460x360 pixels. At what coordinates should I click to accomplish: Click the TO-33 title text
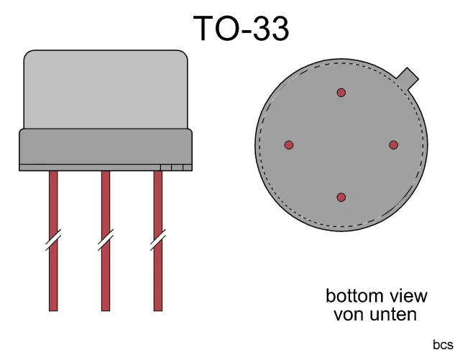[x=241, y=28]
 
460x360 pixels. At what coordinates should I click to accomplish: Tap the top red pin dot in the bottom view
[x=341, y=92]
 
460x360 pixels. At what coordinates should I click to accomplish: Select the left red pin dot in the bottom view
[x=289, y=144]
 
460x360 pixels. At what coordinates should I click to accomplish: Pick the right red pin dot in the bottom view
[x=393, y=144]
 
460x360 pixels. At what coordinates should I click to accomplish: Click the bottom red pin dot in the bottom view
[x=341, y=197]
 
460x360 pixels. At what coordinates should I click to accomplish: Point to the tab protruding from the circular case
[x=408, y=76]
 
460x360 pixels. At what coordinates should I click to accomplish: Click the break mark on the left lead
[x=52, y=240]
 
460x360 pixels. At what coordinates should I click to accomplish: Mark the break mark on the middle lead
[x=105, y=240]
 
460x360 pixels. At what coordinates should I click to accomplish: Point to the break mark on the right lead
[x=158, y=240]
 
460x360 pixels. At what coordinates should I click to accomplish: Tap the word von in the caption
[x=346, y=314]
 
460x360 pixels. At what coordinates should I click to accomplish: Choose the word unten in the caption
[x=391, y=314]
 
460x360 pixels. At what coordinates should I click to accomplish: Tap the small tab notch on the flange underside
[x=176, y=167]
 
